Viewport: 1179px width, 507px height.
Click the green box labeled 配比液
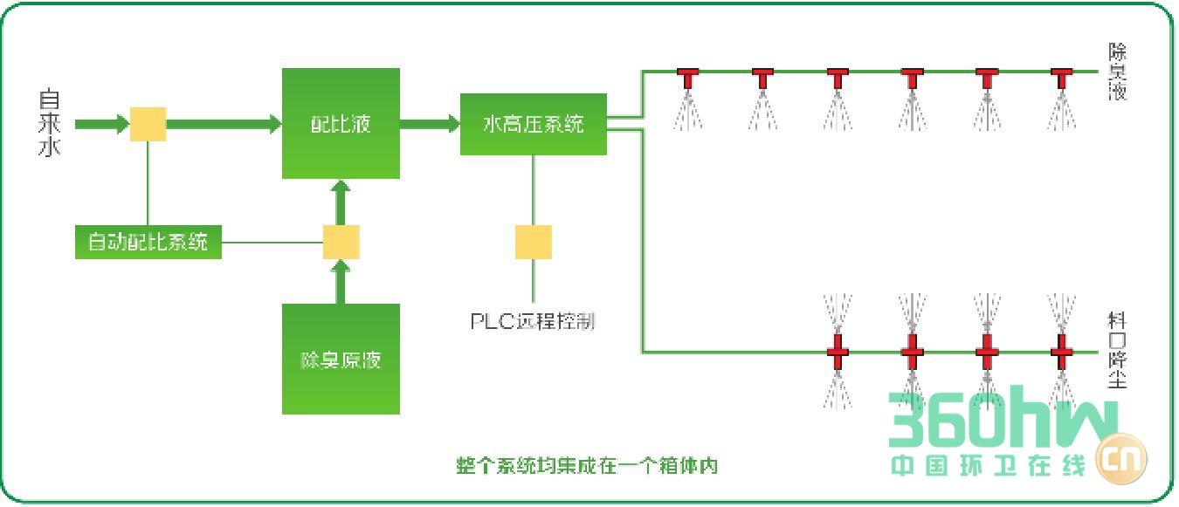(x=341, y=123)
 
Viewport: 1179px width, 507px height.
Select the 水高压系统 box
(x=533, y=124)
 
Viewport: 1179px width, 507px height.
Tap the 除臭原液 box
(x=341, y=359)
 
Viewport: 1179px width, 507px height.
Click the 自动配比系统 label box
(x=148, y=241)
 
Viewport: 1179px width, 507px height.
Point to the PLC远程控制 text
(x=533, y=321)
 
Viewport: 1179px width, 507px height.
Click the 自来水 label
(x=49, y=123)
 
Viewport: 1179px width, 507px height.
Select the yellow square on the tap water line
(x=148, y=124)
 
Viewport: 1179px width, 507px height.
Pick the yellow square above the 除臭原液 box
(x=341, y=242)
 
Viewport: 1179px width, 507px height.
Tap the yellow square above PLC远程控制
(x=533, y=242)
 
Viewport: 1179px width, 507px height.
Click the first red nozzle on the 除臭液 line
(x=688, y=78)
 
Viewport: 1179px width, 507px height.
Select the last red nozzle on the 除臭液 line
(x=1061, y=78)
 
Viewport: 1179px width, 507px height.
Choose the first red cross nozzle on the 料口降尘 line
(x=838, y=352)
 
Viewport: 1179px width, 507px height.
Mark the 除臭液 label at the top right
(x=1118, y=72)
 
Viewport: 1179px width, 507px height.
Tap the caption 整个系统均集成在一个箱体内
(x=587, y=465)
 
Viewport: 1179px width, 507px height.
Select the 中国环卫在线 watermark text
(x=987, y=465)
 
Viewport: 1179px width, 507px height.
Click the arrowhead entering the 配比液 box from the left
(x=274, y=124)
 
